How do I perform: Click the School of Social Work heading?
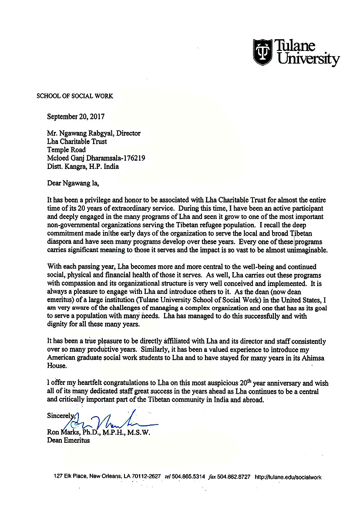pos(74,96)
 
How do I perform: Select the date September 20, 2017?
pos(76,116)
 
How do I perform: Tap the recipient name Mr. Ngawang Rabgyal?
pos(81,133)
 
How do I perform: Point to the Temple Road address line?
pos(66,150)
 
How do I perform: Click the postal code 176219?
pos(132,158)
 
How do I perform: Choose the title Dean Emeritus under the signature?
pos(68,440)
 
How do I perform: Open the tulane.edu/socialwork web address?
pos(288,477)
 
